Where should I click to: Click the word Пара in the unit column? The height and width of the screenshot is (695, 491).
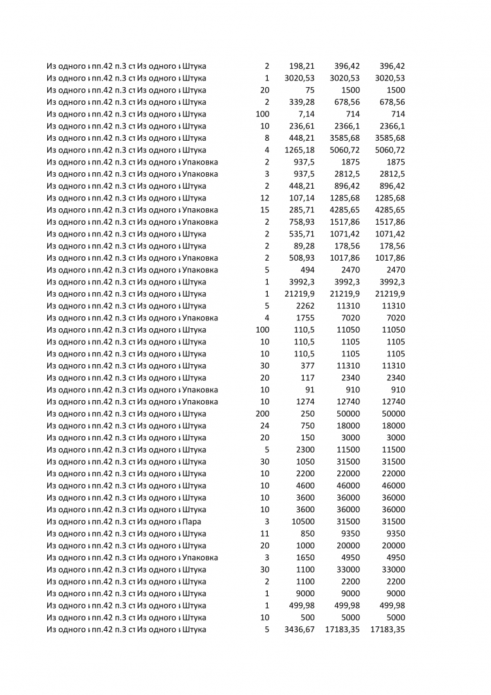pyautogui.click(x=192, y=521)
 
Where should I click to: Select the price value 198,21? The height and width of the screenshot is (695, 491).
pyautogui.click(x=301, y=66)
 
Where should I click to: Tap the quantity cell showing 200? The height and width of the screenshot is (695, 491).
pyautogui.click(x=262, y=413)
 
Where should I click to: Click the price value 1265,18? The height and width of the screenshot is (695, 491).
pyautogui.click(x=299, y=150)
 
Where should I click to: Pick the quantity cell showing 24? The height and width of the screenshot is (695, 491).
pyautogui.click(x=264, y=426)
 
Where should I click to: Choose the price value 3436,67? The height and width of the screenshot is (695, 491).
pyautogui.click(x=299, y=629)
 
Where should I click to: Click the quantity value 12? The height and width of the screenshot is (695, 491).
pyautogui.click(x=264, y=198)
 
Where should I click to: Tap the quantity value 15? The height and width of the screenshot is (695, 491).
pyautogui.click(x=264, y=210)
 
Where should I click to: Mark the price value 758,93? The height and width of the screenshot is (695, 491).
pyautogui.click(x=301, y=222)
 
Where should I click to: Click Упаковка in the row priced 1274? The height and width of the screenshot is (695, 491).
pyautogui.click(x=200, y=402)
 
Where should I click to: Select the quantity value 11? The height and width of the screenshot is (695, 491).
pyautogui.click(x=264, y=534)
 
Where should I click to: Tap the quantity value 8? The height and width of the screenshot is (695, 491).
pyautogui.click(x=266, y=138)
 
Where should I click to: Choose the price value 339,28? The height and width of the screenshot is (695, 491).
pyautogui.click(x=301, y=102)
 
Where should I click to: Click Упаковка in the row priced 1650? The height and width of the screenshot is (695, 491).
pyautogui.click(x=200, y=557)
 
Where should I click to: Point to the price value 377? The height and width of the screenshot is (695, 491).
pyautogui.click(x=307, y=366)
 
